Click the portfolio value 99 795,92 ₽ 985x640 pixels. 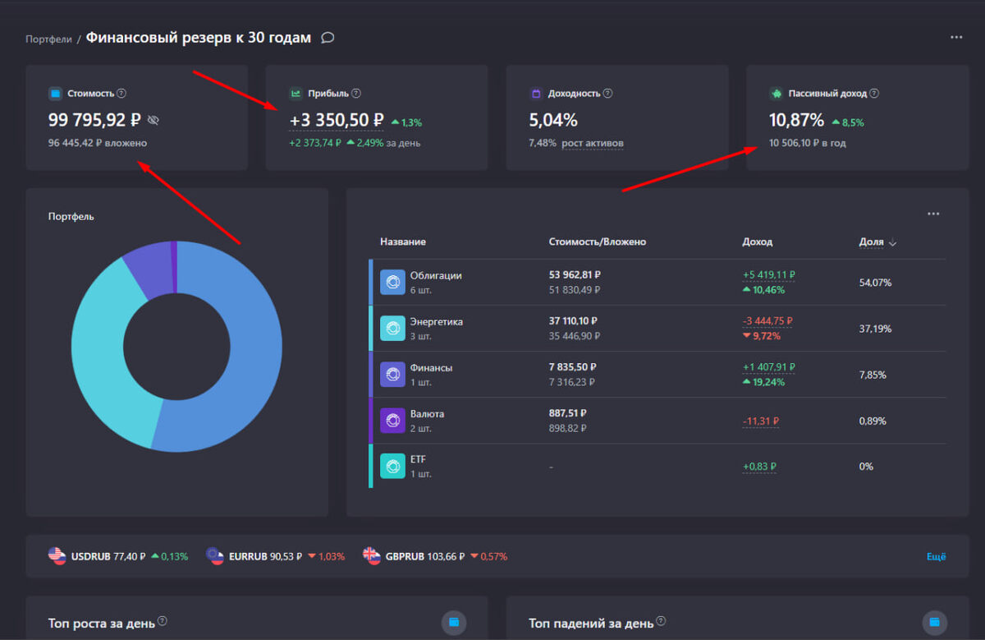(94, 120)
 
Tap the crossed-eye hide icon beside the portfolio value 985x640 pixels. (153, 121)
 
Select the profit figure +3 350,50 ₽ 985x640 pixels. (336, 121)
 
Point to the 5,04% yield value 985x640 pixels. (553, 120)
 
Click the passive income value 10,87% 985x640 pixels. (796, 120)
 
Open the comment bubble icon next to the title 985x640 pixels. (328, 38)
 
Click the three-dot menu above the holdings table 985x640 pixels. (933, 214)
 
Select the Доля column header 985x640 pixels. (871, 242)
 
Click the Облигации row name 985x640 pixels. (436, 275)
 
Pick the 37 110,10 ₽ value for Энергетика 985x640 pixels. (573, 321)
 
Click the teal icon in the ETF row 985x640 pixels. (392, 467)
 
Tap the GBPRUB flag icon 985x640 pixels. (372, 555)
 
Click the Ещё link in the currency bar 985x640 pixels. (936, 556)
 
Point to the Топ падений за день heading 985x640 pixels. (591, 623)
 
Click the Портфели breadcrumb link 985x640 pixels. (48, 39)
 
